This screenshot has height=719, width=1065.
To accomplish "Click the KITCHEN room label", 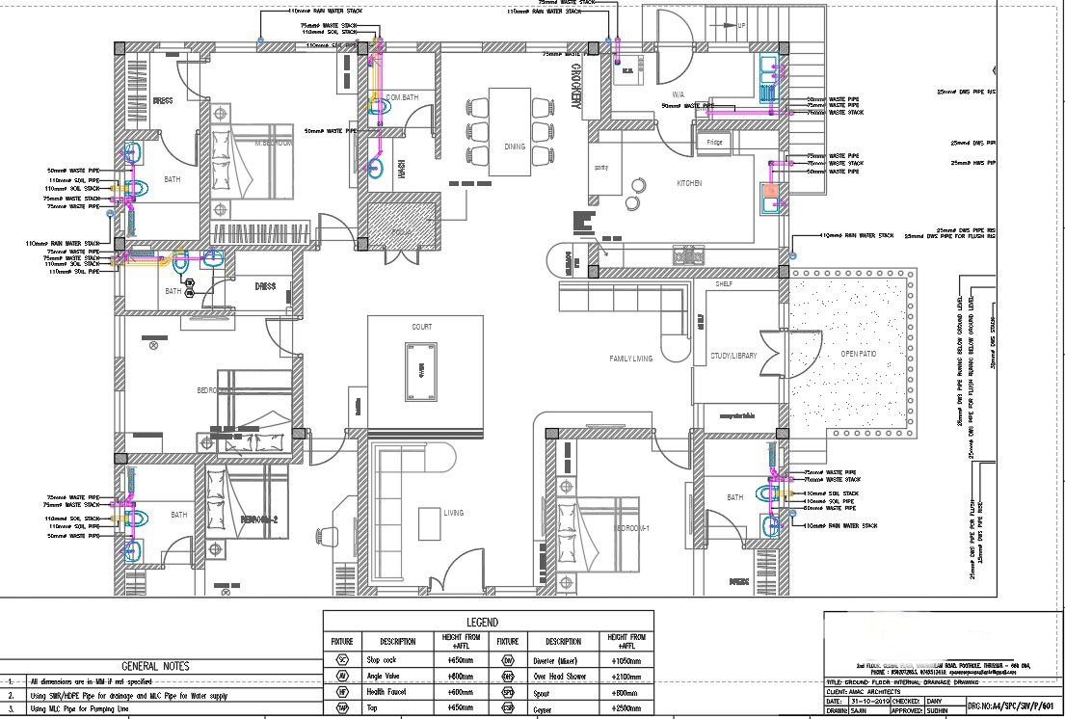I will [x=688, y=183].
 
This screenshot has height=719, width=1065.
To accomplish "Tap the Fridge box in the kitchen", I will [x=714, y=143].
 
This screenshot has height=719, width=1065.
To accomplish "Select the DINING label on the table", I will [x=515, y=147].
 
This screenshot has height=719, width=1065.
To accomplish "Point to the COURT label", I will [x=422, y=327].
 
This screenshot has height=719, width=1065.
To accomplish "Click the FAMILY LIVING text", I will [x=630, y=359].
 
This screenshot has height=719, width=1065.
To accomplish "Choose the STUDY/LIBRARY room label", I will [x=733, y=356].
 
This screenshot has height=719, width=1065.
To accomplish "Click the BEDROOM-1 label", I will [x=634, y=529].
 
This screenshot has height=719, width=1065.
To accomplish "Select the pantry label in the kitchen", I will [x=601, y=167].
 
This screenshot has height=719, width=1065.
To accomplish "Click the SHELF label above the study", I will [x=724, y=284].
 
